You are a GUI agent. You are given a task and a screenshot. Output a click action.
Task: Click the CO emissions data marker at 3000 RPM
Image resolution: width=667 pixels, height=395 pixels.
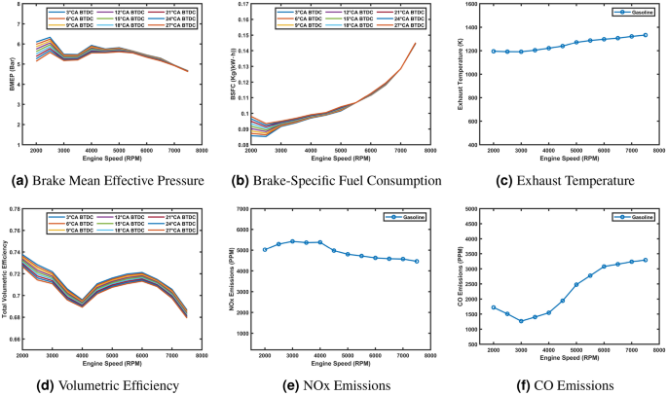(521, 321)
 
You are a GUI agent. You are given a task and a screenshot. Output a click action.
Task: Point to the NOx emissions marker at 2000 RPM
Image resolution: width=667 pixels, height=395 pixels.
(265, 250)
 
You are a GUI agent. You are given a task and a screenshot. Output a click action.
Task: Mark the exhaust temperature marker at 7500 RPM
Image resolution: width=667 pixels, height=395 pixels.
(645, 35)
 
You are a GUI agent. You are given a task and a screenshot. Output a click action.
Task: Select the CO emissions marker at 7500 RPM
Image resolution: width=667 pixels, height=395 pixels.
(645, 260)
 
